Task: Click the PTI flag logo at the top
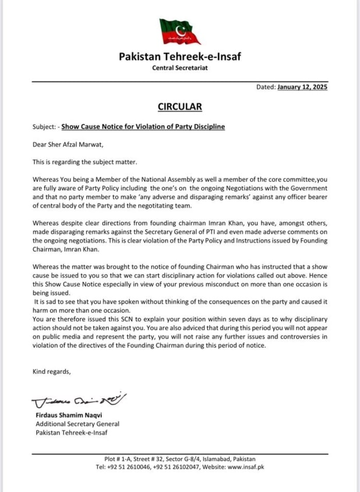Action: (180, 31)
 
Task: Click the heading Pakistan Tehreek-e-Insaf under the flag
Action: (180, 57)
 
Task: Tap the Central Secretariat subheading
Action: (180, 68)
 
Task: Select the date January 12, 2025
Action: (302, 87)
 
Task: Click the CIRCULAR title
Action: (179, 107)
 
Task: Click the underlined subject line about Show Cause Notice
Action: (143, 127)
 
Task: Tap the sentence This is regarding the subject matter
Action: (85, 162)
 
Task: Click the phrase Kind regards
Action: (52, 371)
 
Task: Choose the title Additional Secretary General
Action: (77, 424)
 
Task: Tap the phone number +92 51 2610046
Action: (129, 467)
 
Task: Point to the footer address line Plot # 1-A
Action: (179, 459)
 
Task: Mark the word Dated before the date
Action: (265, 87)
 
